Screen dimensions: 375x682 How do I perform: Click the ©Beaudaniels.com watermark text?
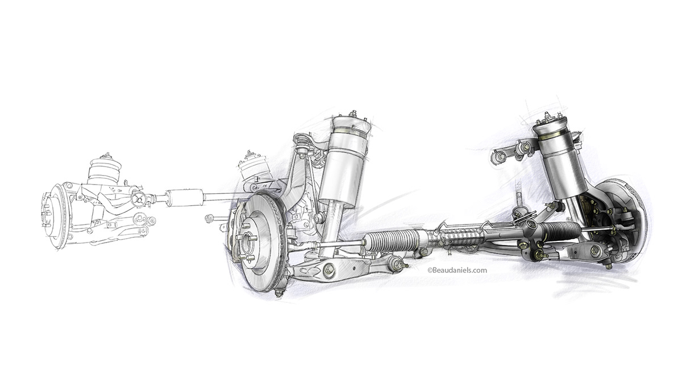[457, 270]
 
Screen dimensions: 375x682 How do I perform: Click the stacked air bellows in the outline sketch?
[103, 170]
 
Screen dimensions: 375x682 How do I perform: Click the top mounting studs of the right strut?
[547, 118]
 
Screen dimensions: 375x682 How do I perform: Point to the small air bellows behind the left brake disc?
[253, 166]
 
